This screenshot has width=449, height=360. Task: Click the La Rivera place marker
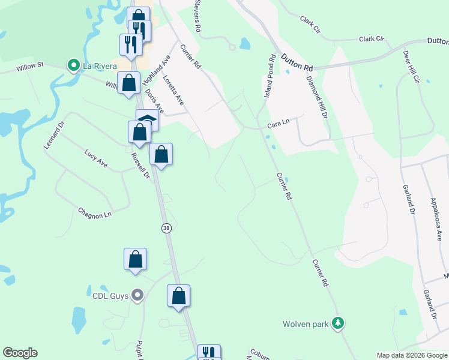[74, 65]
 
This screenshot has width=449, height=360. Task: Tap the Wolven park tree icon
[339, 324]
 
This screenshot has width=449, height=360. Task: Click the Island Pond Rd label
[270, 76]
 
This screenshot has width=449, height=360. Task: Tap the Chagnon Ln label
[95, 213]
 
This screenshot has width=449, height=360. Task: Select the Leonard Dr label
[53, 136]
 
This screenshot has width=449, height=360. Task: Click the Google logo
[20, 353]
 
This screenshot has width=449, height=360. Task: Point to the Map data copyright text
[411, 355]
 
